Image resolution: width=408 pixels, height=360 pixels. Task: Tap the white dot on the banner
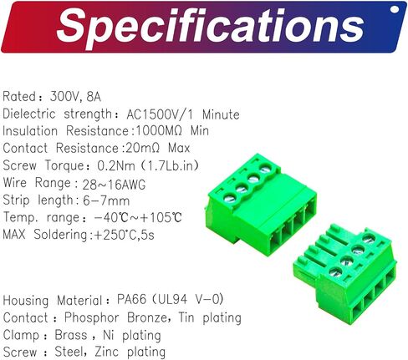(x=395, y=9)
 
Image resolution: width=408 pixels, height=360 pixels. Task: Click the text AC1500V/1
(x=160, y=114)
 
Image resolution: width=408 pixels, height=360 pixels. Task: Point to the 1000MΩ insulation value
(x=160, y=131)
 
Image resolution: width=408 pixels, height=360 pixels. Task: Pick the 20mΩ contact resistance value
(x=143, y=148)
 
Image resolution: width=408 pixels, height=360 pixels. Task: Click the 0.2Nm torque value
(x=116, y=165)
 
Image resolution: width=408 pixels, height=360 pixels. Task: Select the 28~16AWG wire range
(x=114, y=185)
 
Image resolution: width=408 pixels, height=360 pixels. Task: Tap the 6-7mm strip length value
(x=106, y=200)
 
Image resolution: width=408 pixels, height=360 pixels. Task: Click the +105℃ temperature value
(x=161, y=217)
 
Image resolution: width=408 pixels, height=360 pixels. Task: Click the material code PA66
(x=131, y=300)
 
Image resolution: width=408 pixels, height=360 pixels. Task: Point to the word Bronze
(x=148, y=317)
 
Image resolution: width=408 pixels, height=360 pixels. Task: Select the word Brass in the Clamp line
(x=71, y=335)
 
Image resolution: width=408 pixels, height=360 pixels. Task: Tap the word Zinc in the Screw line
(x=107, y=352)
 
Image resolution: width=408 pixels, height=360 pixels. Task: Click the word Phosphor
(x=92, y=318)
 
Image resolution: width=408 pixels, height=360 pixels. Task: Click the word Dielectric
(x=29, y=114)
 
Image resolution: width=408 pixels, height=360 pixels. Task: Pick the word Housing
(x=26, y=301)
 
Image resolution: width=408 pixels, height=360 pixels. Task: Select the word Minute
(x=221, y=114)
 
